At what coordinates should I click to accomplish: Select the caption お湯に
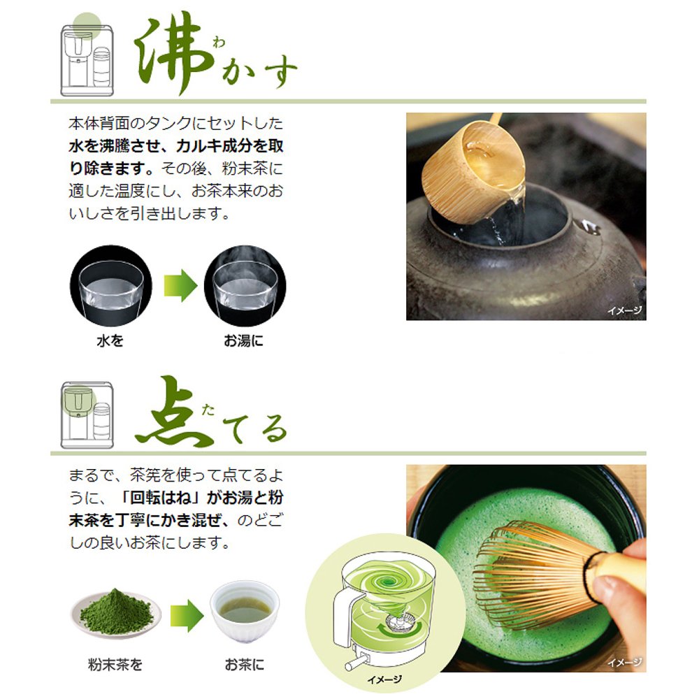tap(244, 343)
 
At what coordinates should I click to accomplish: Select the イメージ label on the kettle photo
tap(624, 310)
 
